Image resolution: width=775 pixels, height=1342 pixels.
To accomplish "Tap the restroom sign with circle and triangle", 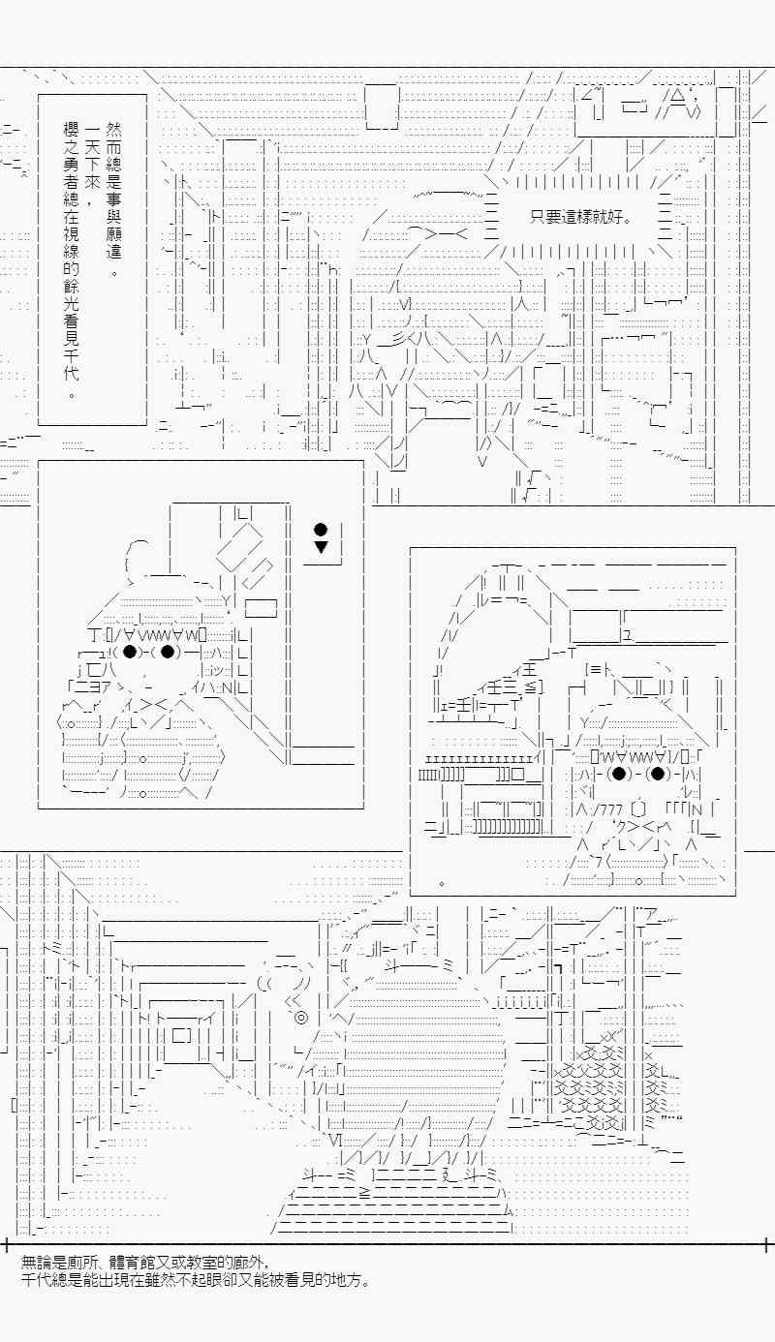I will tap(321, 538).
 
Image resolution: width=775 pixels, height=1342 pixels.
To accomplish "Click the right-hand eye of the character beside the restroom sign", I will tap(168, 651).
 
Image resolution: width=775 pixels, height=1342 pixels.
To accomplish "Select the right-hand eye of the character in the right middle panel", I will tap(657, 774).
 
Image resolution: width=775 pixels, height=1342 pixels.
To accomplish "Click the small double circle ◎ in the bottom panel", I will tap(300, 1018).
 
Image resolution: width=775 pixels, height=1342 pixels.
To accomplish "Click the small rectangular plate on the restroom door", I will tap(262, 609).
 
